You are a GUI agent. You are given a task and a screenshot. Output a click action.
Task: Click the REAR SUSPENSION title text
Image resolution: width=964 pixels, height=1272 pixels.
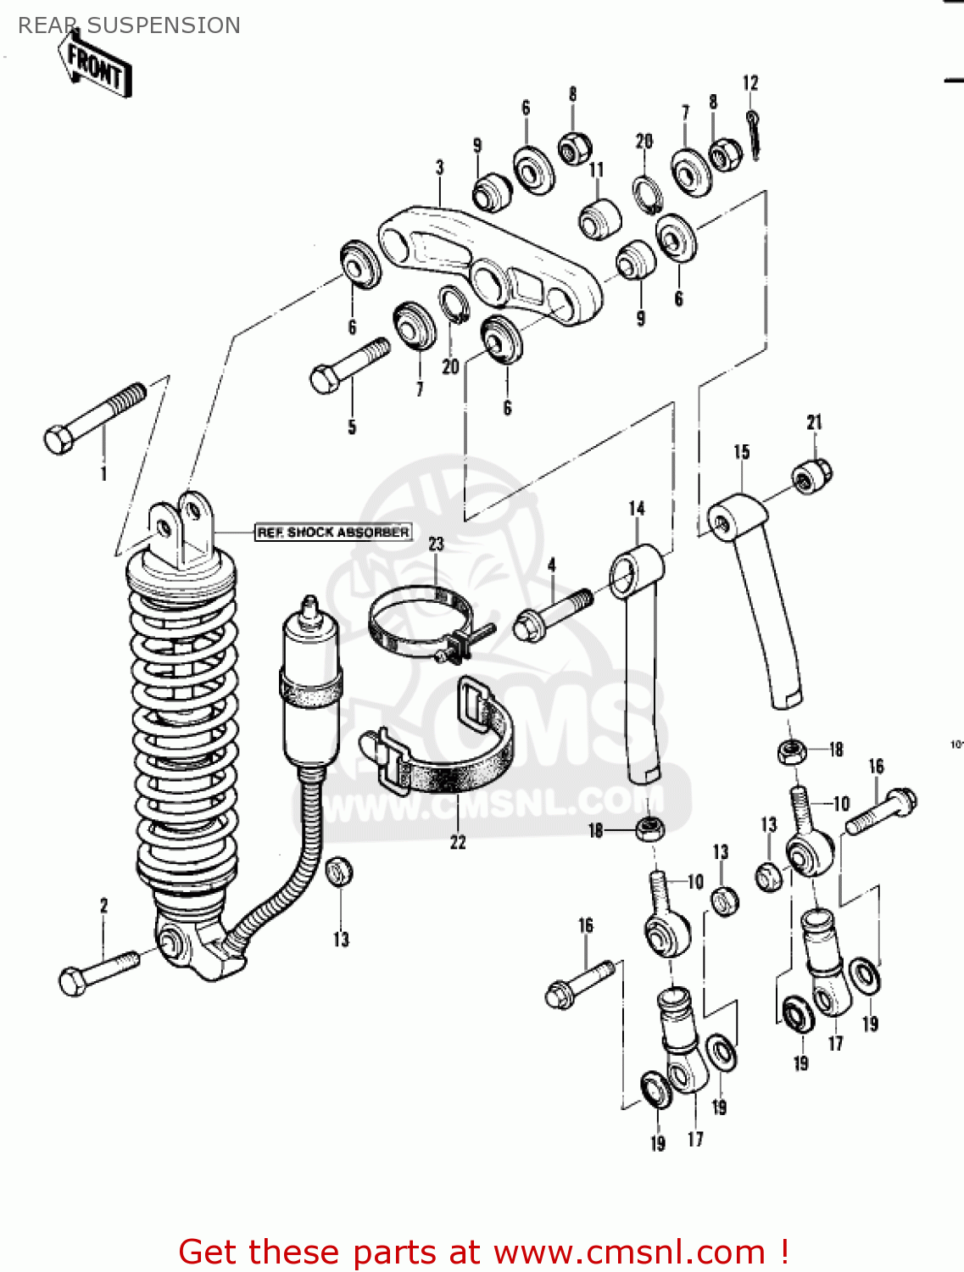coord(129,25)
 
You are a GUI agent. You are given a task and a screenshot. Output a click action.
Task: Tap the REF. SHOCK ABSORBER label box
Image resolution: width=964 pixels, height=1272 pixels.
coord(333,532)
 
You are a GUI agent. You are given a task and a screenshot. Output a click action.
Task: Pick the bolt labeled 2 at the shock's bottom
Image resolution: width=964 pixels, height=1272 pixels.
coord(98,971)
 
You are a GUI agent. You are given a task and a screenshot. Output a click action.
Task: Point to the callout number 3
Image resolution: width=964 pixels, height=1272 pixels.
coord(439,168)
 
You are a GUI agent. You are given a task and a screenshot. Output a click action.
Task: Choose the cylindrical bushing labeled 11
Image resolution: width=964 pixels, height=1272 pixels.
coord(599,219)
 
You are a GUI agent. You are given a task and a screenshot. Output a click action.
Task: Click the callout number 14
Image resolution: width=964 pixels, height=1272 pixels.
coord(637,508)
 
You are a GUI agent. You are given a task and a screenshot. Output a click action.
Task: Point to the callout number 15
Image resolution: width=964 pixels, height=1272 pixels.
coord(742,452)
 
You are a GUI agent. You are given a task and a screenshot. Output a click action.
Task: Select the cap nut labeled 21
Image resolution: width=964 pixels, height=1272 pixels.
coord(812,475)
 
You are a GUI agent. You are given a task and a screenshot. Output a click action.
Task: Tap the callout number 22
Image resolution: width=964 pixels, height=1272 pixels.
coord(458,842)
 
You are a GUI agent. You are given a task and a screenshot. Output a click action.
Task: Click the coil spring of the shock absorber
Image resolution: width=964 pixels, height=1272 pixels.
coord(182,729)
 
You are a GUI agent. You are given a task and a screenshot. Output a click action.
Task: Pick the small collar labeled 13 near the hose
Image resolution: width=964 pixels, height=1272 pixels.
coord(339,872)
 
